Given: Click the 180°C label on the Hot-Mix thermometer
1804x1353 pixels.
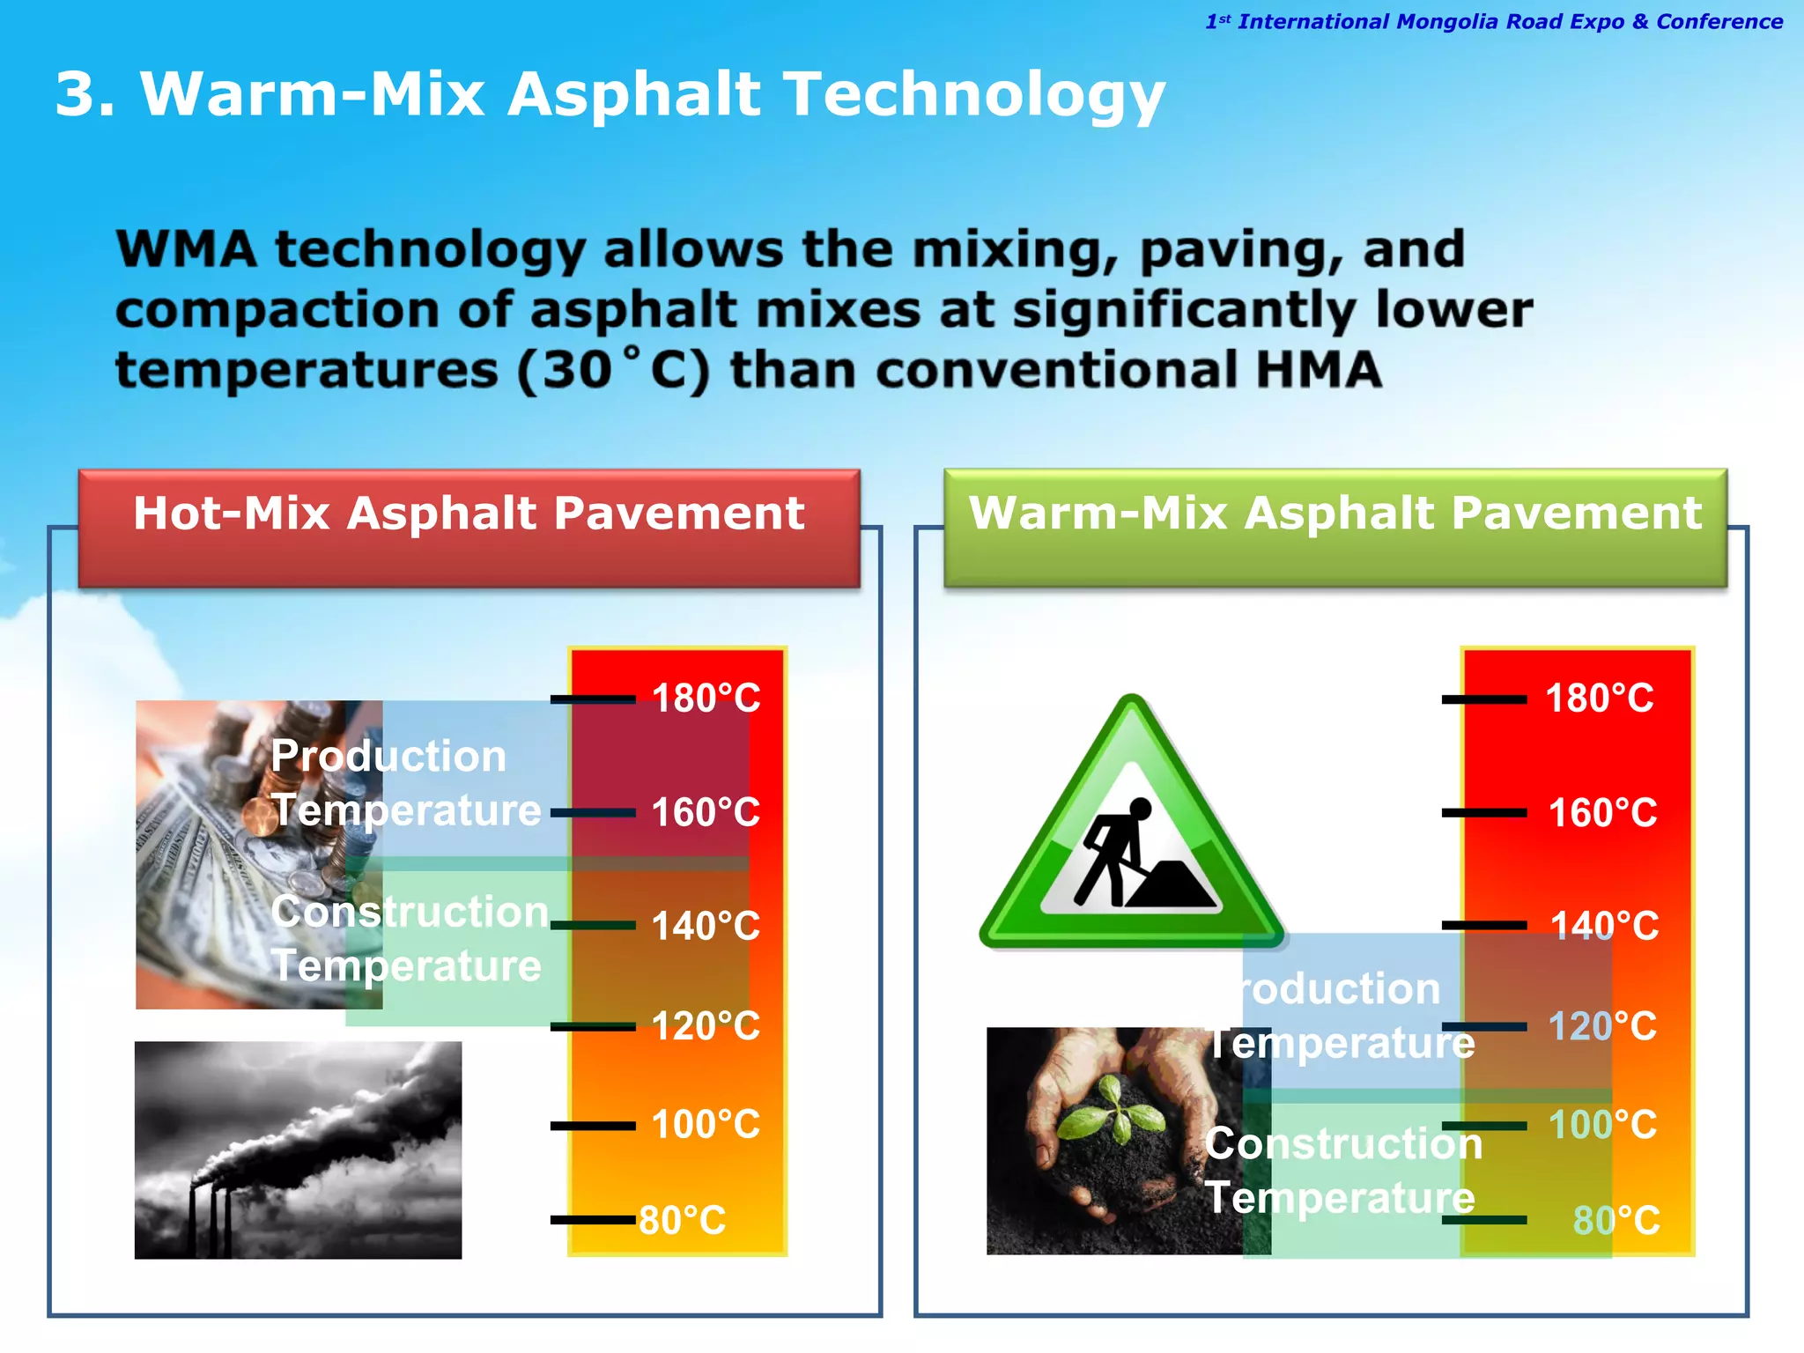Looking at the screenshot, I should [x=706, y=699].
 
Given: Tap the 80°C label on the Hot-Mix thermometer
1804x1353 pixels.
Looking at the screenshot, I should [x=683, y=1221].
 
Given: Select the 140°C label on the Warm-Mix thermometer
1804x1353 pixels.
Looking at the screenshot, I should [x=1604, y=926].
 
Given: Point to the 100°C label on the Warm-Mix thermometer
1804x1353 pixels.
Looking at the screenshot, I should [x=1602, y=1125].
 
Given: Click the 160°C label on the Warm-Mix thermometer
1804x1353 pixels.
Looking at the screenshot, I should [x=1602, y=812].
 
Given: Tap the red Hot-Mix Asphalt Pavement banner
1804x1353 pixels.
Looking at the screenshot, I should [x=469, y=529].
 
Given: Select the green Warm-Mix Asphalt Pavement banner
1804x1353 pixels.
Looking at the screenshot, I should [x=1335, y=529].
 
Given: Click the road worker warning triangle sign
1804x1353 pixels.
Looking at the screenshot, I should [x=1131, y=837].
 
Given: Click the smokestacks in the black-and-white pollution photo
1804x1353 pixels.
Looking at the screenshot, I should [x=211, y=1216].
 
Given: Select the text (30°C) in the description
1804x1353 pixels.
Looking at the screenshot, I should [x=612, y=370].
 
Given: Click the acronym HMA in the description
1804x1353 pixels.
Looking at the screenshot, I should [x=1318, y=370].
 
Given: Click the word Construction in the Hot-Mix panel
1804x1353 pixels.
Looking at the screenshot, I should [x=410, y=911].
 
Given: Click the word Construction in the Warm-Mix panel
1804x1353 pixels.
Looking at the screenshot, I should [x=1343, y=1143].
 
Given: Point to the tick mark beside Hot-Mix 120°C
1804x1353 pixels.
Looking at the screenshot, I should [x=593, y=1026].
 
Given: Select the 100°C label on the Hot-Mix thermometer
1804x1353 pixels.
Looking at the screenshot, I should [x=706, y=1125].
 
